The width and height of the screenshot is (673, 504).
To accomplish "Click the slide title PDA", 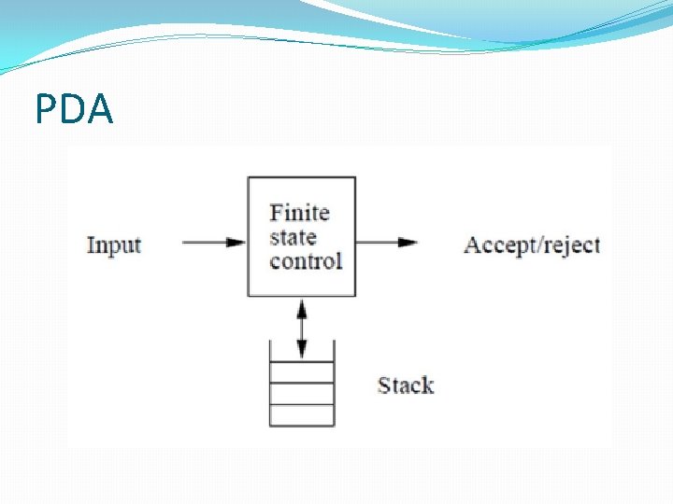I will point(74,110).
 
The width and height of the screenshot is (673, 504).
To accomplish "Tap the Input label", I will point(114,245).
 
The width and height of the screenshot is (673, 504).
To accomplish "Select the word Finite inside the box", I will point(299,213).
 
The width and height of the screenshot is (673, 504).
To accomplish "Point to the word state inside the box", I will point(293,237).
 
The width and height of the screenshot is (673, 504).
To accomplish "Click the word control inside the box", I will point(306,261).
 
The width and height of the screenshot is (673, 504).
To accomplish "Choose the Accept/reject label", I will point(531,245).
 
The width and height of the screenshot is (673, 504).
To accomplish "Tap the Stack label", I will point(405,385).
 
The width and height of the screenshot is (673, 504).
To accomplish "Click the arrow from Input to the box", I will point(213,243).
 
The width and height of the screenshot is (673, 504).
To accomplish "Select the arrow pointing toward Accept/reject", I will point(386,243).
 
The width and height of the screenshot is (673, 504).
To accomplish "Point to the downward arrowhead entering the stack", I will point(301,352).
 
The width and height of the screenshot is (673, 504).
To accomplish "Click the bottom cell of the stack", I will point(301,415).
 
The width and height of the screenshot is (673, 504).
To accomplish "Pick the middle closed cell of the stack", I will point(301,393).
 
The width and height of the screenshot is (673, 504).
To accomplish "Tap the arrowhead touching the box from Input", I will point(237,243).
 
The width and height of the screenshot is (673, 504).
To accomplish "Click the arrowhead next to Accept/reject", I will point(408,243).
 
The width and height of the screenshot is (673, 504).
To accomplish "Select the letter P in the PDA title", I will point(47,110).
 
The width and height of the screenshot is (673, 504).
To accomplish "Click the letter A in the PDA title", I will point(100,110).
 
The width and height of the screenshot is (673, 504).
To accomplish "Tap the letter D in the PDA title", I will point(73,110).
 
